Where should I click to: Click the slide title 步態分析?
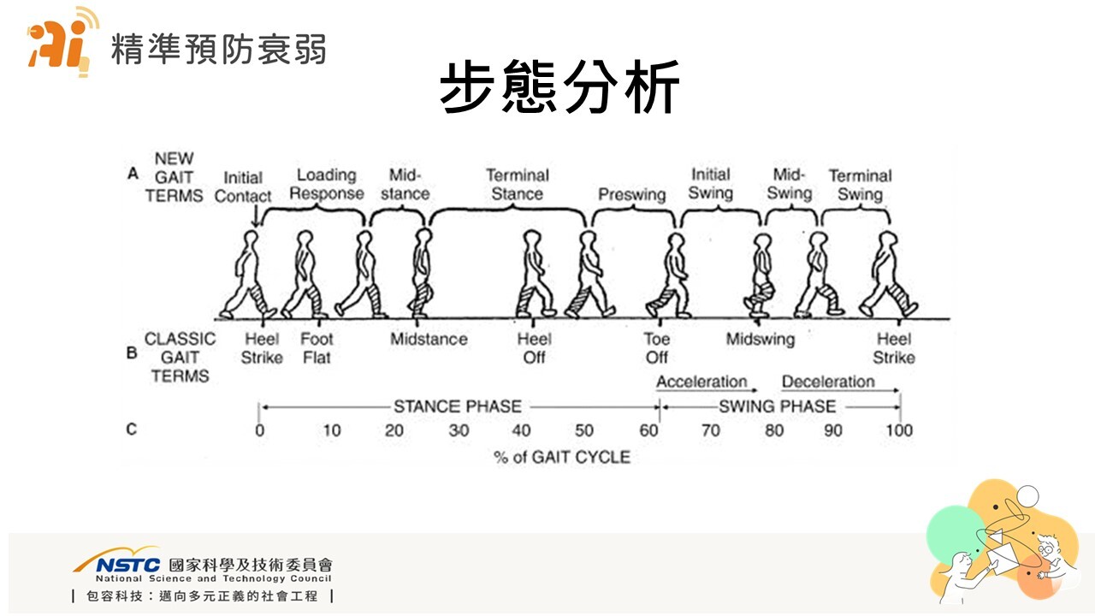pos(559,87)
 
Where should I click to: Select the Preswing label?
pos(631,195)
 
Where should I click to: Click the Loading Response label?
pos(326,184)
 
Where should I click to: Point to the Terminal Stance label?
pos(517,184)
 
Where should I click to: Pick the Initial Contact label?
pos(243,187)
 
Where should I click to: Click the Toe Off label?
pos(657,347)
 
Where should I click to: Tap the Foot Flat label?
pos(317,347)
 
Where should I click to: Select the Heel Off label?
pos(534,347)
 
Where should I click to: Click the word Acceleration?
pos(701,382)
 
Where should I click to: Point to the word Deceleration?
pos(828,382)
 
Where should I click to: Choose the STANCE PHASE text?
pos(457,406)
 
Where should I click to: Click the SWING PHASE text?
pos(777,406)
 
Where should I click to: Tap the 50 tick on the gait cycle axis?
pos(583,430)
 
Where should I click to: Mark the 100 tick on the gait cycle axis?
pos(898,430)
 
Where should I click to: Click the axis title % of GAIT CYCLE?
pos(561,457)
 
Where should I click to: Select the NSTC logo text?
pos(128,566)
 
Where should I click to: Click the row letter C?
pos(132,429)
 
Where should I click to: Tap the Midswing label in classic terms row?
pos(760,340)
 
